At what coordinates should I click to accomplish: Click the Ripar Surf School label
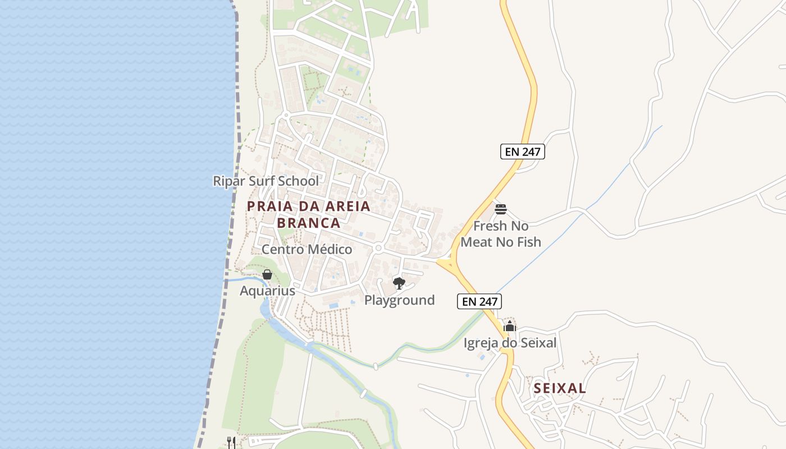[x=266, y=181]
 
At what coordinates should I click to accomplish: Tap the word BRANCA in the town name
[x=309, y=223]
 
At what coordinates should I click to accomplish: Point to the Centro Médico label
[x=307, y=249]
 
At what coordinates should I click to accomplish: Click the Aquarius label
[x=267, y=291]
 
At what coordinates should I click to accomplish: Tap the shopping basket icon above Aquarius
[x=267, y=274]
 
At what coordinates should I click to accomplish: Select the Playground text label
[x=399, y=300]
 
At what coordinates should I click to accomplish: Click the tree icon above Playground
[x=399, y=283]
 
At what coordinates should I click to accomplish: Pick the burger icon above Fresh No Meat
[x=501, y=209]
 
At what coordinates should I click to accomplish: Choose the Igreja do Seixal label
[x=510, y=342]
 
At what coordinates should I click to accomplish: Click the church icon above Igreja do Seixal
[x=510, y=326]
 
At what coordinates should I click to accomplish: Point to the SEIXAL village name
[x=560, y=388]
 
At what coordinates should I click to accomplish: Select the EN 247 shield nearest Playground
[x=479, y=301]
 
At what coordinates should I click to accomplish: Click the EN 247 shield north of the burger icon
[x=523, y=152]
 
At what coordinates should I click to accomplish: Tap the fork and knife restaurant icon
[x=231, y=442]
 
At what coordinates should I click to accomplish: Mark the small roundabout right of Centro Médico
[x=378, y=248]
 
